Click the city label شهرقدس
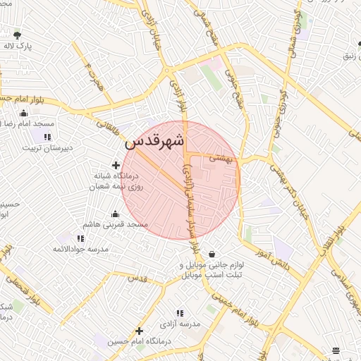pyautogui.click(x=154, y=141)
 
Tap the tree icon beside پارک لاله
pyautogui.click(x=18, y=35)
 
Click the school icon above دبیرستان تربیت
pyautogui.click(x=47, y=137)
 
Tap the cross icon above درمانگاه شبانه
pyautogui.click(x=116, y=165)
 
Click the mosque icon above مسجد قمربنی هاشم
pyautogui.click(x=116, y=214)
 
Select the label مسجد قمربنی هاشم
pyautogui.click(x=116, y=224)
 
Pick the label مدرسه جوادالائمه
pyautogui.click(x=80, y=249)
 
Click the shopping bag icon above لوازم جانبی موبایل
pyautogui.click(x=212, y=255)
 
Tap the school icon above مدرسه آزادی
pyautogui.click(x=180, y=312)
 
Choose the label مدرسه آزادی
pyautogui.click(x=180, y=324)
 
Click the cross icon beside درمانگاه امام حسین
pyautogui.click(x=140, y=330)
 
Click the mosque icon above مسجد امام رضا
pyautogui.click(x=24, y=113)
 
